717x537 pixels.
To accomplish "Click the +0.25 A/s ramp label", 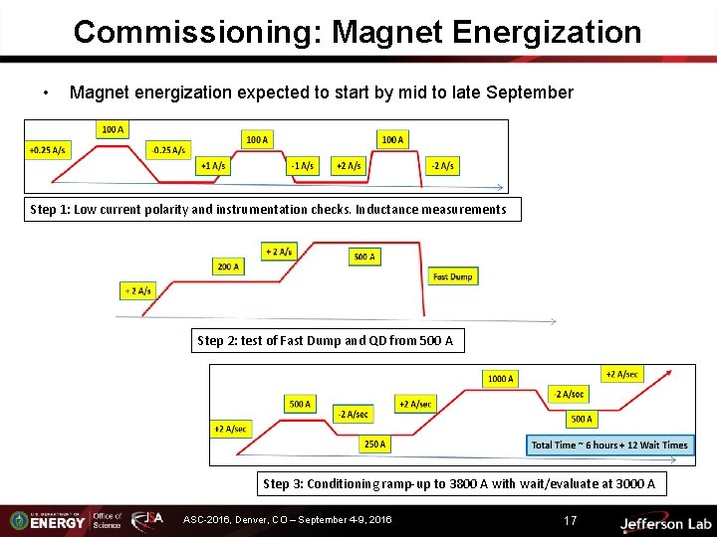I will [x=48, y=150].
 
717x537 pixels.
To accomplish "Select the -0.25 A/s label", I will [x=166, y=150].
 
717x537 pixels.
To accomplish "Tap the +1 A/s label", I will [x=212, y=165].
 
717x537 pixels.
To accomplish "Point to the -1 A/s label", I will [x=301, y=165].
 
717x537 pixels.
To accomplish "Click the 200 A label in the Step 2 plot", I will [x=228, y=267].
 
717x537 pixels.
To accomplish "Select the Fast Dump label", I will [x=453, y=275].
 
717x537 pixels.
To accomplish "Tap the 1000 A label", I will [x=500, y=378].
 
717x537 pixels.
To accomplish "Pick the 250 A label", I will [x=375, y=445].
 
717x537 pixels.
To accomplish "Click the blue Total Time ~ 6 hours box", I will [x=609, y=445].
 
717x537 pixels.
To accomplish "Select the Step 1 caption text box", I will [x=269, y=209].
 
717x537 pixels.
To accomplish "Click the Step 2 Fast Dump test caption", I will [x=326, y=341].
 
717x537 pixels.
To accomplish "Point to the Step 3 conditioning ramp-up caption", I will [x=459, y=484].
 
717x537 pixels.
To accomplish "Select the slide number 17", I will [x=570, y=520].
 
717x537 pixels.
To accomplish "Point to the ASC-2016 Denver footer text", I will [x=288, y=520].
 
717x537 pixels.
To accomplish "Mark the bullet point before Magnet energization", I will [x=46, y=93].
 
